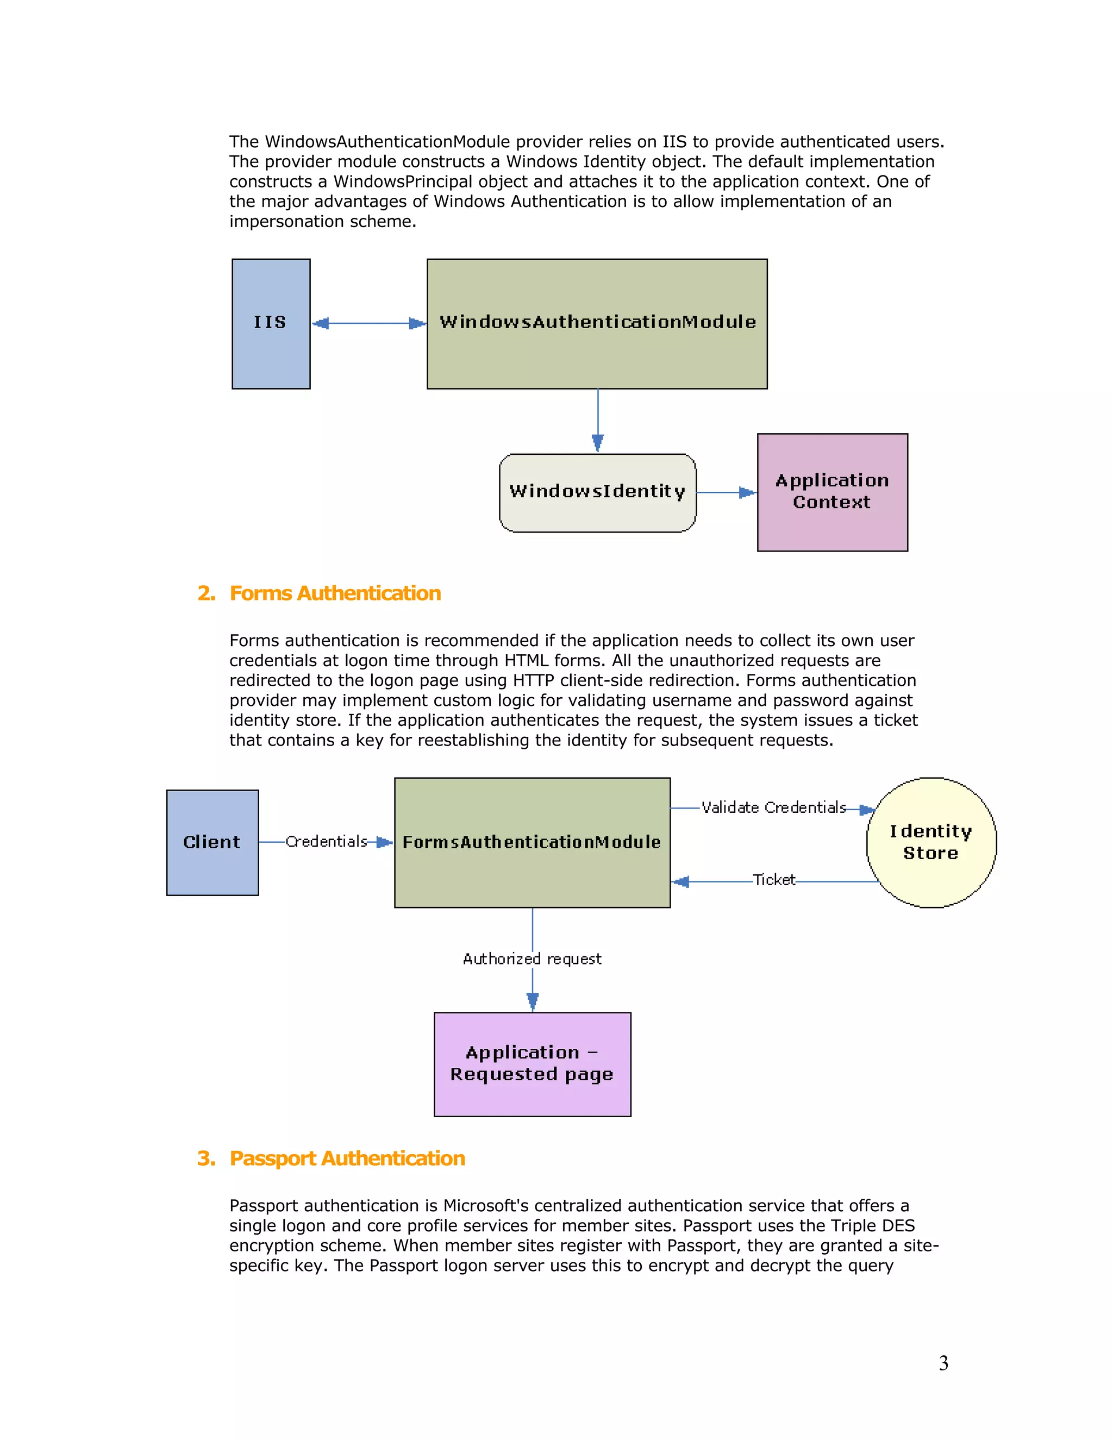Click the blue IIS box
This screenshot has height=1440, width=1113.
coord(271,323)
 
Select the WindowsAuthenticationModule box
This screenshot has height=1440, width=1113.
coord(597,323)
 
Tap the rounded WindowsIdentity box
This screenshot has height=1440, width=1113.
coord(597,492)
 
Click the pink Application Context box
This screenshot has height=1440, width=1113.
coord(832,492)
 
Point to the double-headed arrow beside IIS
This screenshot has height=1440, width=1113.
coord(368,323)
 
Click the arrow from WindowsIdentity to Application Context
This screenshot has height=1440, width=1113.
coord(726,492)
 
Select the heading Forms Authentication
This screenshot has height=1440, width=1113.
coord(335,593)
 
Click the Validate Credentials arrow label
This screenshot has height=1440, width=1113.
coord(773,807)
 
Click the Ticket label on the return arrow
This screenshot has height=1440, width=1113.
coord(774,880)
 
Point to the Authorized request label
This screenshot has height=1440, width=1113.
coord(532,959)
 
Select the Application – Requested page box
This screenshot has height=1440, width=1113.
coord(532,1063)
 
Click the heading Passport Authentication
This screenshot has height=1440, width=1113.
coord(347,1159)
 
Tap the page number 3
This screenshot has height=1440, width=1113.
coord(943,1363)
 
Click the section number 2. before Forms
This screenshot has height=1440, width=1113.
coord(207,593)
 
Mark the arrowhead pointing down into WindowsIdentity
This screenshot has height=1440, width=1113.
coord(597,443)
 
